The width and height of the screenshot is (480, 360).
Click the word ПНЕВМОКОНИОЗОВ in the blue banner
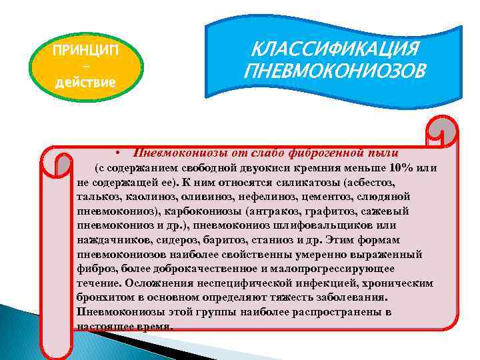(x=333, y=70)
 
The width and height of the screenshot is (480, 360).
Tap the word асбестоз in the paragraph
(x=374, y=182)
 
